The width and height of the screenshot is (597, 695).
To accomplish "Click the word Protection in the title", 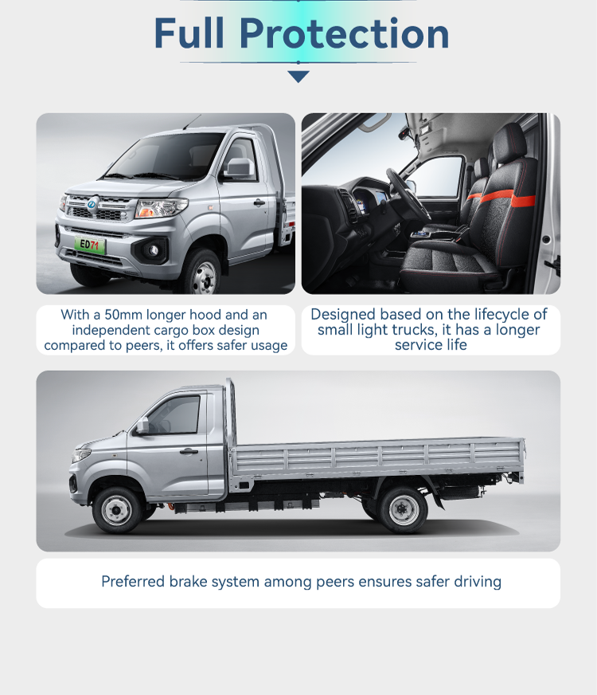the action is pyautogui.click(x=345, y=33).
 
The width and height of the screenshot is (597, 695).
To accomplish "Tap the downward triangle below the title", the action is pyautogui.click(x=298, y=77).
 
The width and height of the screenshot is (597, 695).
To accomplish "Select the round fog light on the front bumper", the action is pyautogui.click(x=153, y=250).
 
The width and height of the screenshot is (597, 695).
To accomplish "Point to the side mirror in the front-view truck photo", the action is pyautogui.click(x=240, y=168).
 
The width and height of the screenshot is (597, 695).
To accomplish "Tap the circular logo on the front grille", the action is pyautogui.click(x=92, y=204).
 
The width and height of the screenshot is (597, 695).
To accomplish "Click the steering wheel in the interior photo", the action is pyautogui.click(x=407, y=194).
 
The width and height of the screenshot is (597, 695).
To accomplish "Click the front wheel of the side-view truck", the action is pyautogui.click(x=117, y=510).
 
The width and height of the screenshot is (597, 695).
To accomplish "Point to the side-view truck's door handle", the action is pyautogui.click(x=189, y=452).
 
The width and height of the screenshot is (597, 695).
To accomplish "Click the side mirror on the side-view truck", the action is pyautogui.click(x=142, y=425).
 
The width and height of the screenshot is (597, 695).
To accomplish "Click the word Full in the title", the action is pyautogui.click(x=189, y=33).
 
